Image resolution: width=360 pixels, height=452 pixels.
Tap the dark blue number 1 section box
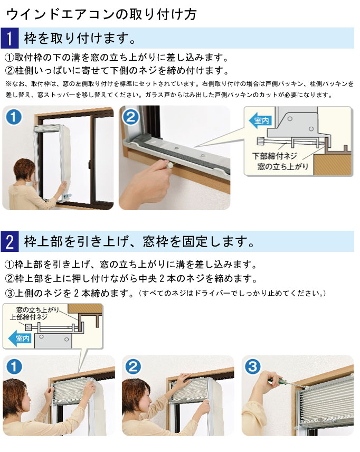coord(10,39)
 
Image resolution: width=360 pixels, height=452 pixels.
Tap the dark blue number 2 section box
coord(10,242)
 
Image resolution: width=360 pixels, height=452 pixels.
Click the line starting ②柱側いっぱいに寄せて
coord(116,70)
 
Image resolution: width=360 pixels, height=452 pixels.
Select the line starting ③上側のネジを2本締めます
coord(69,292)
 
